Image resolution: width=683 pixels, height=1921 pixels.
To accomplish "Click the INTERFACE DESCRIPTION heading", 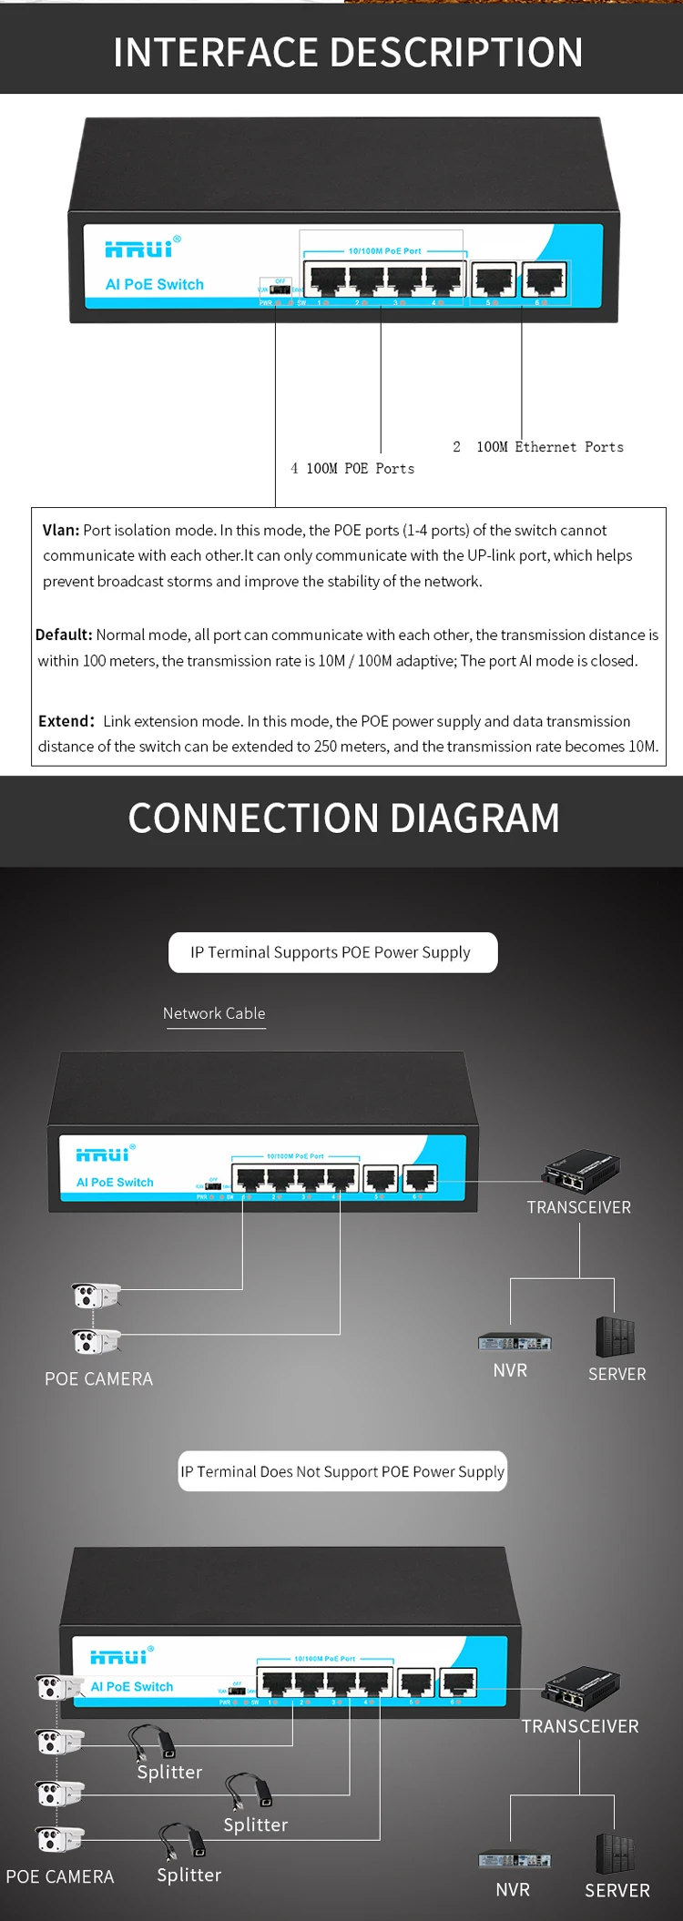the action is (x=348, y=52).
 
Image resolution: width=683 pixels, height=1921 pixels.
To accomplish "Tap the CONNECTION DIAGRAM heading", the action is (x=343, y=818).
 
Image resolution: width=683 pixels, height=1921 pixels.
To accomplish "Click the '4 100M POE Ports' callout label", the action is (x=352, y=469).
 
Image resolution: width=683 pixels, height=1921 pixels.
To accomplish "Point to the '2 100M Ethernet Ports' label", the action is (x=538, y=447).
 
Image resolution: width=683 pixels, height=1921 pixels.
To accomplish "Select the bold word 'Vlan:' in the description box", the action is (x=61, y=530).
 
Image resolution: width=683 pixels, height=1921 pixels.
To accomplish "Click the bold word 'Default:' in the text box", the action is (x=64, y=635).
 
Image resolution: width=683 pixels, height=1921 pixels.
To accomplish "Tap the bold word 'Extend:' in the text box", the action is (x=66, y=721).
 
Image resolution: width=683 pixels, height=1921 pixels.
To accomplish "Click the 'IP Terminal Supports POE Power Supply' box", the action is (x=332, y=952).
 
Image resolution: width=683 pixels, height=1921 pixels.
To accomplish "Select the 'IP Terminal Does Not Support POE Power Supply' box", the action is (x=341, y=1471).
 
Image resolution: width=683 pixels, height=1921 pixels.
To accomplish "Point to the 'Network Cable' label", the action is (x=214, y=1013).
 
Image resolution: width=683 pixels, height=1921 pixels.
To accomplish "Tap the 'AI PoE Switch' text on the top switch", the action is (x=155, y=284).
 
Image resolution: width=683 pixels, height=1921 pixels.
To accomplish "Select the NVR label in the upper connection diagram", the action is (x=510, y=1370).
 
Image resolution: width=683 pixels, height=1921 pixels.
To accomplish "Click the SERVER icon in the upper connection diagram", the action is (x=615, y=1337).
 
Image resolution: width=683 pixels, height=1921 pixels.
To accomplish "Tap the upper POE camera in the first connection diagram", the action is (x=95, y=1295).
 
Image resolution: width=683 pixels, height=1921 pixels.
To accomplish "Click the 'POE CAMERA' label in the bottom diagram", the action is (x=60, y=1876).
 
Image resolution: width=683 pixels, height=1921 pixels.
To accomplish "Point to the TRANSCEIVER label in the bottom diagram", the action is (x=580, y=1726).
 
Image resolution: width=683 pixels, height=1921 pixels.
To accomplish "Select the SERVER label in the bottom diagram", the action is (x=617, y=1890).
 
